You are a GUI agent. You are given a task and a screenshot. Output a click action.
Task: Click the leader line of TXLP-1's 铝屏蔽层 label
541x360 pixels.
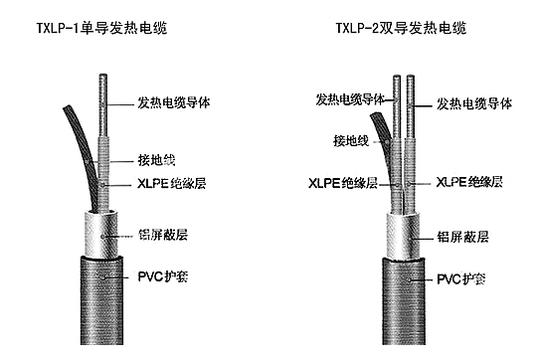point(124,236)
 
